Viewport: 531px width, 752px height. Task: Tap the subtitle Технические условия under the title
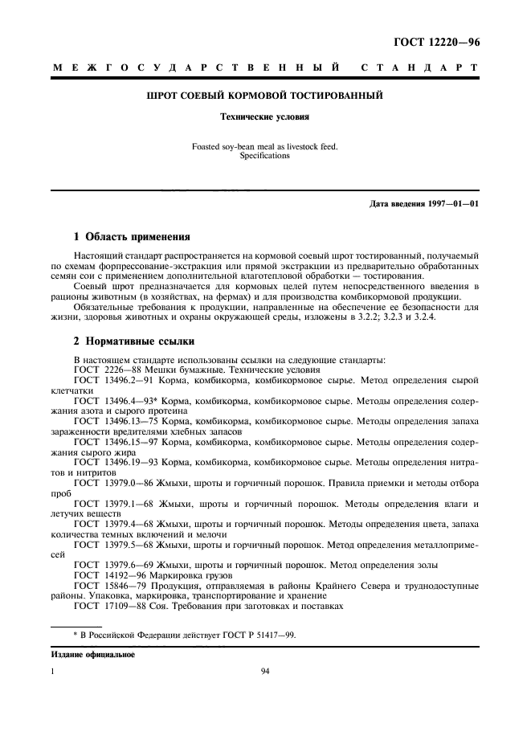(x=265, y=116)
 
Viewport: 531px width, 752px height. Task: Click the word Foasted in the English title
(x=206, y=146)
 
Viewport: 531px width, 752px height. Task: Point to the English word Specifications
(x=264, y=156)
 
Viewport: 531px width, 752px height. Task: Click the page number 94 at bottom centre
(x=265, y=674)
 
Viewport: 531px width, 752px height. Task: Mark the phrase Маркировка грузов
(x=197, y=577)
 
